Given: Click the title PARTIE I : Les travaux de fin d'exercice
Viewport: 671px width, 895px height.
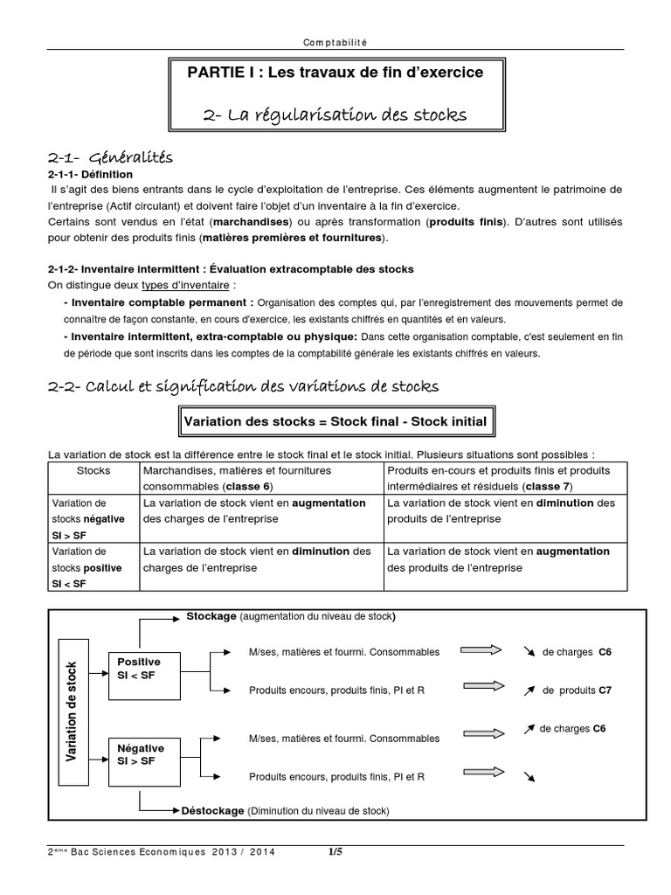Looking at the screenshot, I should [335, 73].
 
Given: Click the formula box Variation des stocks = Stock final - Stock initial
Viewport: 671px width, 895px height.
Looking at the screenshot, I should [335, 422].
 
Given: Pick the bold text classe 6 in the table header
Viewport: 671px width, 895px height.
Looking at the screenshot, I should [248, 485].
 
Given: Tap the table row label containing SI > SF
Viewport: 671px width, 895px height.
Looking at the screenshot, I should [89, 519].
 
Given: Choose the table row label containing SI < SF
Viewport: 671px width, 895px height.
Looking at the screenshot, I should [89, 567].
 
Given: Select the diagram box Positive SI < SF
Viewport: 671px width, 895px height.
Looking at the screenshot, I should [139, 669].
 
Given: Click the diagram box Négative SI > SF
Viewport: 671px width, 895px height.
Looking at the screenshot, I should [139, 754].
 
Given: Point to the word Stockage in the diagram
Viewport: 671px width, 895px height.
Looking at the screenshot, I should [211, 616].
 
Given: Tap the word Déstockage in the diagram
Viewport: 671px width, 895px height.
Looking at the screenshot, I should [212, 810].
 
